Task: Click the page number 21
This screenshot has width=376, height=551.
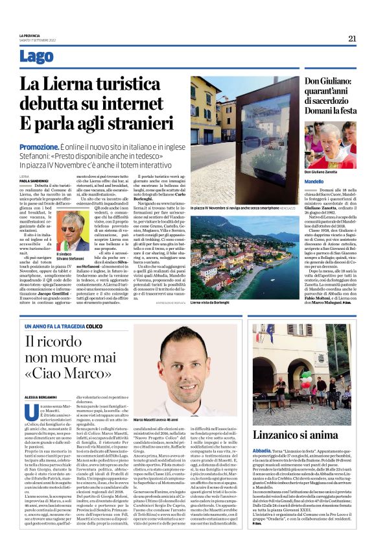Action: pyautogui.click(x=352, y=38)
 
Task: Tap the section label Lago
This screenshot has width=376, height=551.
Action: pyautogui.click(x=37, y=57)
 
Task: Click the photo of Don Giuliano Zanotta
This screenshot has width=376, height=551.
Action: pyautogui.click(x=330, y=145)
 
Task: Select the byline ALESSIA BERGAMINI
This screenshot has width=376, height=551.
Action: pyautogui.click(x=40, y=396)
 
